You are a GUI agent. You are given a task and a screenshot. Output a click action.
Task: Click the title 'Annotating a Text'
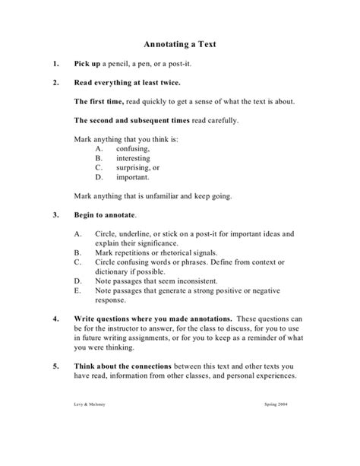point(180,44)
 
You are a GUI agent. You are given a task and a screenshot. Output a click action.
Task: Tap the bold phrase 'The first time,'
point(99,101)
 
